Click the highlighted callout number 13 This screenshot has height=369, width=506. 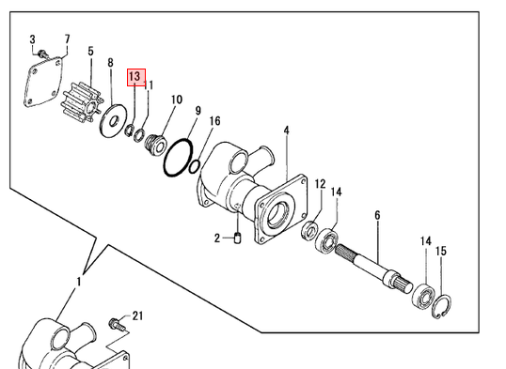pyautogui.click(x=134, y=77)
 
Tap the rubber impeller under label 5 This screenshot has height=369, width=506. pyautogui.click(x=82, y=102)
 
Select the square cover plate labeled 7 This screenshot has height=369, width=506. pyautogui.click(x=43, y=82)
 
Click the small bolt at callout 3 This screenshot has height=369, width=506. pyautogui.click(x=42, y=54)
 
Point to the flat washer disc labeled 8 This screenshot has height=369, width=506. pyautogui.click(x=113, y=120)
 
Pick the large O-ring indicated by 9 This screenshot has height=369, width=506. pyautogui.click(x=179, y=158)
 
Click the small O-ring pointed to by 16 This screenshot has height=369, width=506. pyautogui.click(x=195, y=166)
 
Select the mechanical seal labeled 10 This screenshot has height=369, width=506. pyautogui.click(x=155, y=145)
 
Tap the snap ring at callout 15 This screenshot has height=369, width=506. pyautogui.click(x=441, y=306)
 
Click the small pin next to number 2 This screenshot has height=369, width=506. pyautogui.click(x=238, y=238)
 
